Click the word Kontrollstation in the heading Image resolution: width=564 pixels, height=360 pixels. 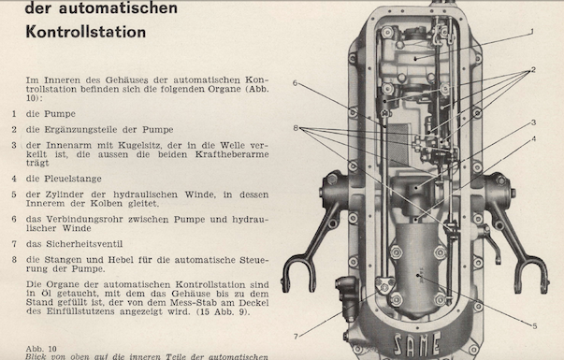coord(86,32)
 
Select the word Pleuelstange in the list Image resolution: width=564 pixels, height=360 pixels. coord(73,179)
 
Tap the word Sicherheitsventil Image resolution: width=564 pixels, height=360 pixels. coord(84,244)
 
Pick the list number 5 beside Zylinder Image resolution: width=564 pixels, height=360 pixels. coord(14,194)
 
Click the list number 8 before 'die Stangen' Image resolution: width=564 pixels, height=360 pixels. coord(14,260)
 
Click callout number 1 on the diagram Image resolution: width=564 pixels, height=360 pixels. coord(532,32)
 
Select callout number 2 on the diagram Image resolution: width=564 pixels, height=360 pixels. coord(533,69)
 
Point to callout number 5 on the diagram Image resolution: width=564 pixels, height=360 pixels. coord(534,326)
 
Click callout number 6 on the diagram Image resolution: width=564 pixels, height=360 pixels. coord(295,83)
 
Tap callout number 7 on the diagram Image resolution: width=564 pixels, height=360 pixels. coord(296,337)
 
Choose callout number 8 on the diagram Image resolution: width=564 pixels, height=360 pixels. coord(296,128)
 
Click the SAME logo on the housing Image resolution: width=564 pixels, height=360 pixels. coord(417,343)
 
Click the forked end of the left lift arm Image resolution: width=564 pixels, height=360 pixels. coord(298,273)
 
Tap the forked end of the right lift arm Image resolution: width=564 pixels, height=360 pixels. coord(531,274)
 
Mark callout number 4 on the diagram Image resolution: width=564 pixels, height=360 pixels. coord(534,138)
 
